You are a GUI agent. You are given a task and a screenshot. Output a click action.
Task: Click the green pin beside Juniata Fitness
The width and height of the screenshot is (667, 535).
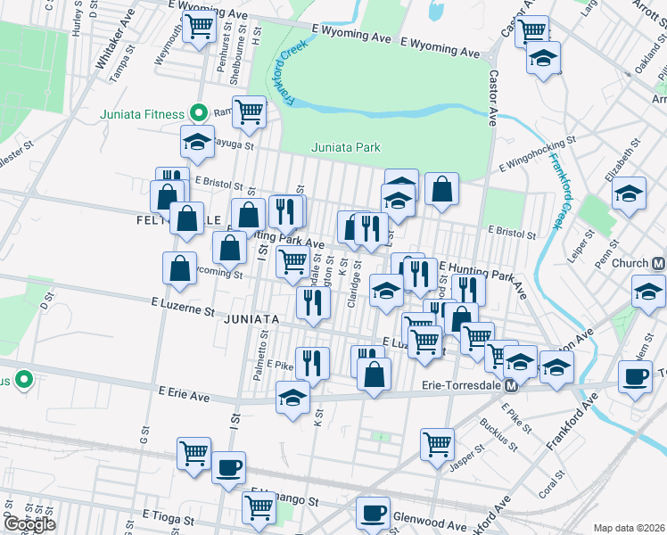(x=201, y=113)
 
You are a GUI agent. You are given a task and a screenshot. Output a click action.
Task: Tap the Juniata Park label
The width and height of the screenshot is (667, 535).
(x=346, y=147)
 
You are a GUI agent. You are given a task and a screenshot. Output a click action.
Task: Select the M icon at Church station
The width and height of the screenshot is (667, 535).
(x=658, y=264)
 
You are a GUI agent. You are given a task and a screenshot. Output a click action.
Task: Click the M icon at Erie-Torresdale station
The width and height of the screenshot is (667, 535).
(x=512, y=386)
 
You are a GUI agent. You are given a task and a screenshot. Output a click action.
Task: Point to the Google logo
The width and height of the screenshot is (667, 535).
(x=30, y=524)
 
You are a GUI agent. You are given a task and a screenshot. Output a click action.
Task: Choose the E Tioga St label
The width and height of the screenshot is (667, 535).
(x=169, y=516)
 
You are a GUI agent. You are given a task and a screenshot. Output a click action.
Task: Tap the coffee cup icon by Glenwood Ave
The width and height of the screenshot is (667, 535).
(x=373, y=512)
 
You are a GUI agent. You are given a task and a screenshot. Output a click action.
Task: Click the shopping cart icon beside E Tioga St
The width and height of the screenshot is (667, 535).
(x=259, y=507)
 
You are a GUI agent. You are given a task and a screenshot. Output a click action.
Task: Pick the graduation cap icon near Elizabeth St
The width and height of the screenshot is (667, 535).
(x=630, y=194)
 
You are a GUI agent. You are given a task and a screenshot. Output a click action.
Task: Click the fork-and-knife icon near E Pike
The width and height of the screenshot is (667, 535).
(x=312, y=361)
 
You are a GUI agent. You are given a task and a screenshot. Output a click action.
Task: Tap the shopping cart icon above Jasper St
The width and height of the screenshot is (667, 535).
(x=437, y=443)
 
